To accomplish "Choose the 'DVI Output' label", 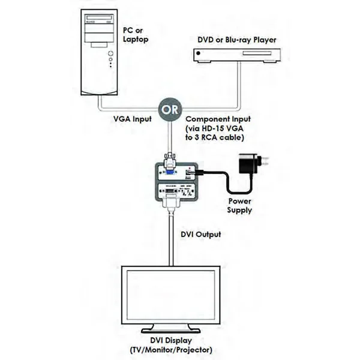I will point(200,234).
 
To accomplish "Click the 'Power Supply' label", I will point(239,206).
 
